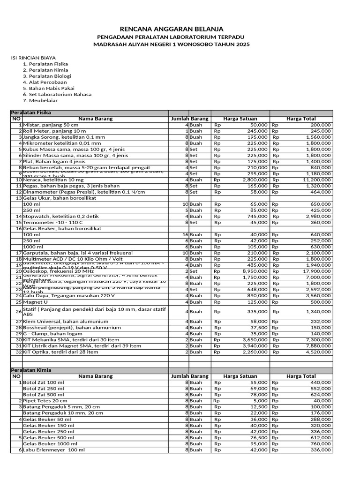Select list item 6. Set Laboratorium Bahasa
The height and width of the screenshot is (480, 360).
click(60, 94)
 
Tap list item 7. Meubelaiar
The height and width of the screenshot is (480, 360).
click(43, 100)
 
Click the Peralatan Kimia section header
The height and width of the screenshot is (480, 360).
click(31, 370)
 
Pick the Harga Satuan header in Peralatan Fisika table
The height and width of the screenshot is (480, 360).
click(240, 119)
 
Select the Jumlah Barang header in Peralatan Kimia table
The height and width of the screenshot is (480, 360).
click(189, 376)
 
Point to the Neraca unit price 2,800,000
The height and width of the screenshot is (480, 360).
click(255, 180)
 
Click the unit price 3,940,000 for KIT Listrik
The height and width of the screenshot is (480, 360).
click(255, 346)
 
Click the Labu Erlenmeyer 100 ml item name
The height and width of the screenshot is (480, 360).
click(54, 450)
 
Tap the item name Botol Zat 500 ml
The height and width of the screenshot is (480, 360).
click(43, 395)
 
